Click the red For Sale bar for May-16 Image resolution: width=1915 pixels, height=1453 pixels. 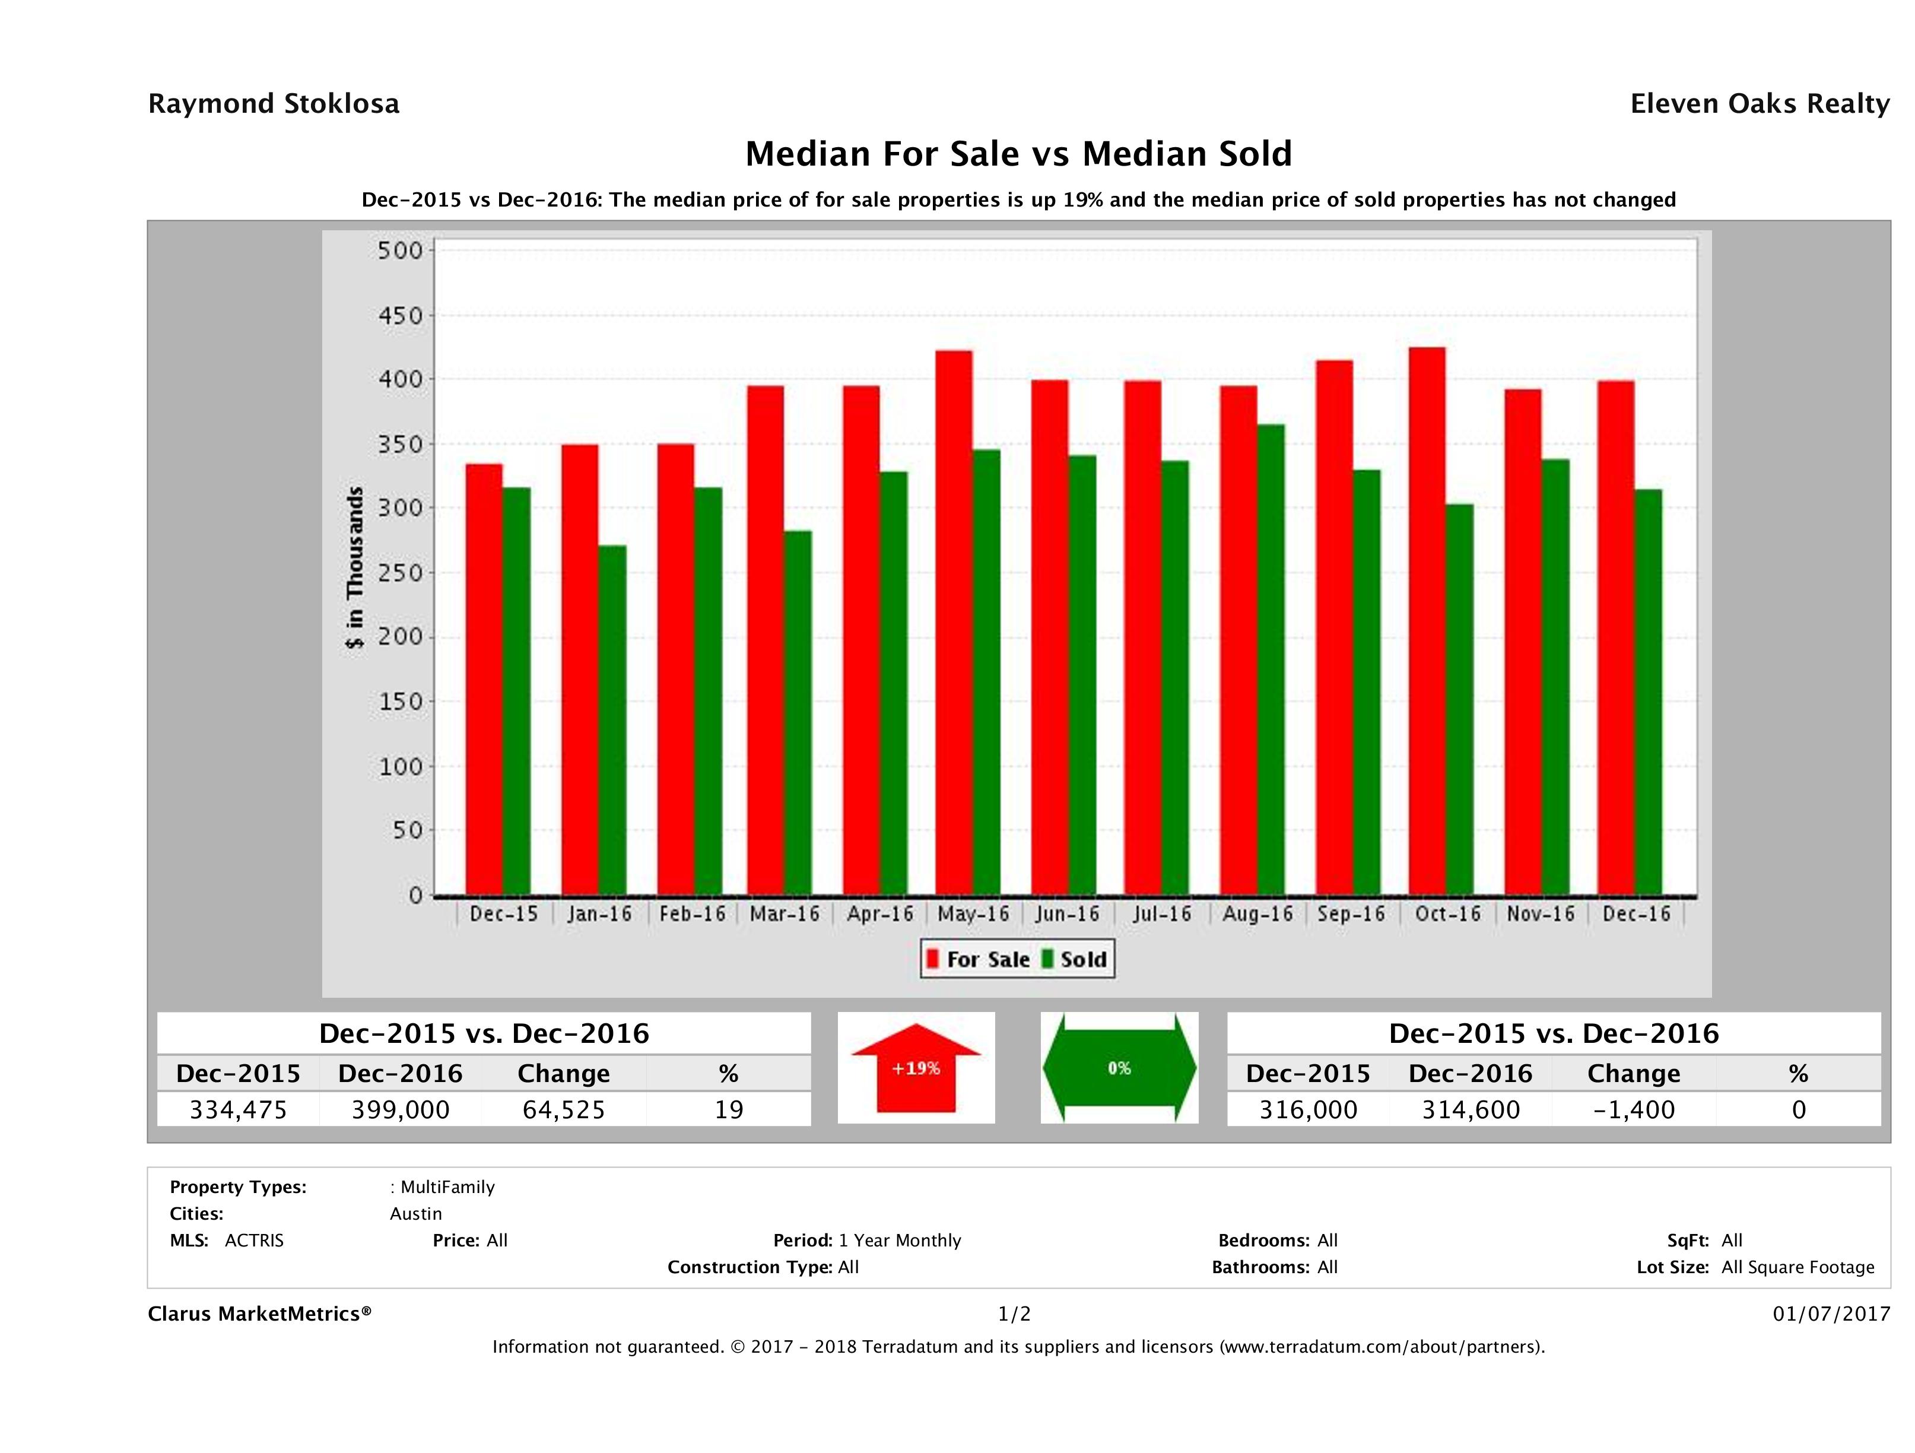(953, 623)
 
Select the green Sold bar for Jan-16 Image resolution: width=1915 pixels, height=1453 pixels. (611, 719)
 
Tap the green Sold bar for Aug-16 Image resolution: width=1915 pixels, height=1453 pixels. (1270, 659)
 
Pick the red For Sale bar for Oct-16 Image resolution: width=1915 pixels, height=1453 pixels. (1427, 621)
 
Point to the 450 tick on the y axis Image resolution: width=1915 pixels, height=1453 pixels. (400, 316)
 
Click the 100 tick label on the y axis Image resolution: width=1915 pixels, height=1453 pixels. (400, 766)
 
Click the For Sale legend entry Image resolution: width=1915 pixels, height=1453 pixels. (979, 959)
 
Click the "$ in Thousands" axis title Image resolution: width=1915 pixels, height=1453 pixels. (355, 568)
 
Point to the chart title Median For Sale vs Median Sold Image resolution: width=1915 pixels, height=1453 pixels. (1018, 154)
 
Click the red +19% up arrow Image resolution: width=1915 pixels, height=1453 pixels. (916, 1068)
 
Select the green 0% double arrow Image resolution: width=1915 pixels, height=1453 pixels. (1119, 1068)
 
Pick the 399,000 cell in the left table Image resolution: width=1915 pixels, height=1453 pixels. (400, 1110)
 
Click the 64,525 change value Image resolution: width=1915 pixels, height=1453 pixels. (564, 1110)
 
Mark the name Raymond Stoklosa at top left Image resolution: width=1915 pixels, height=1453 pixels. (274, 104)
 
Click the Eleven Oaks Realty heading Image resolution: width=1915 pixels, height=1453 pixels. (1759, 104)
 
